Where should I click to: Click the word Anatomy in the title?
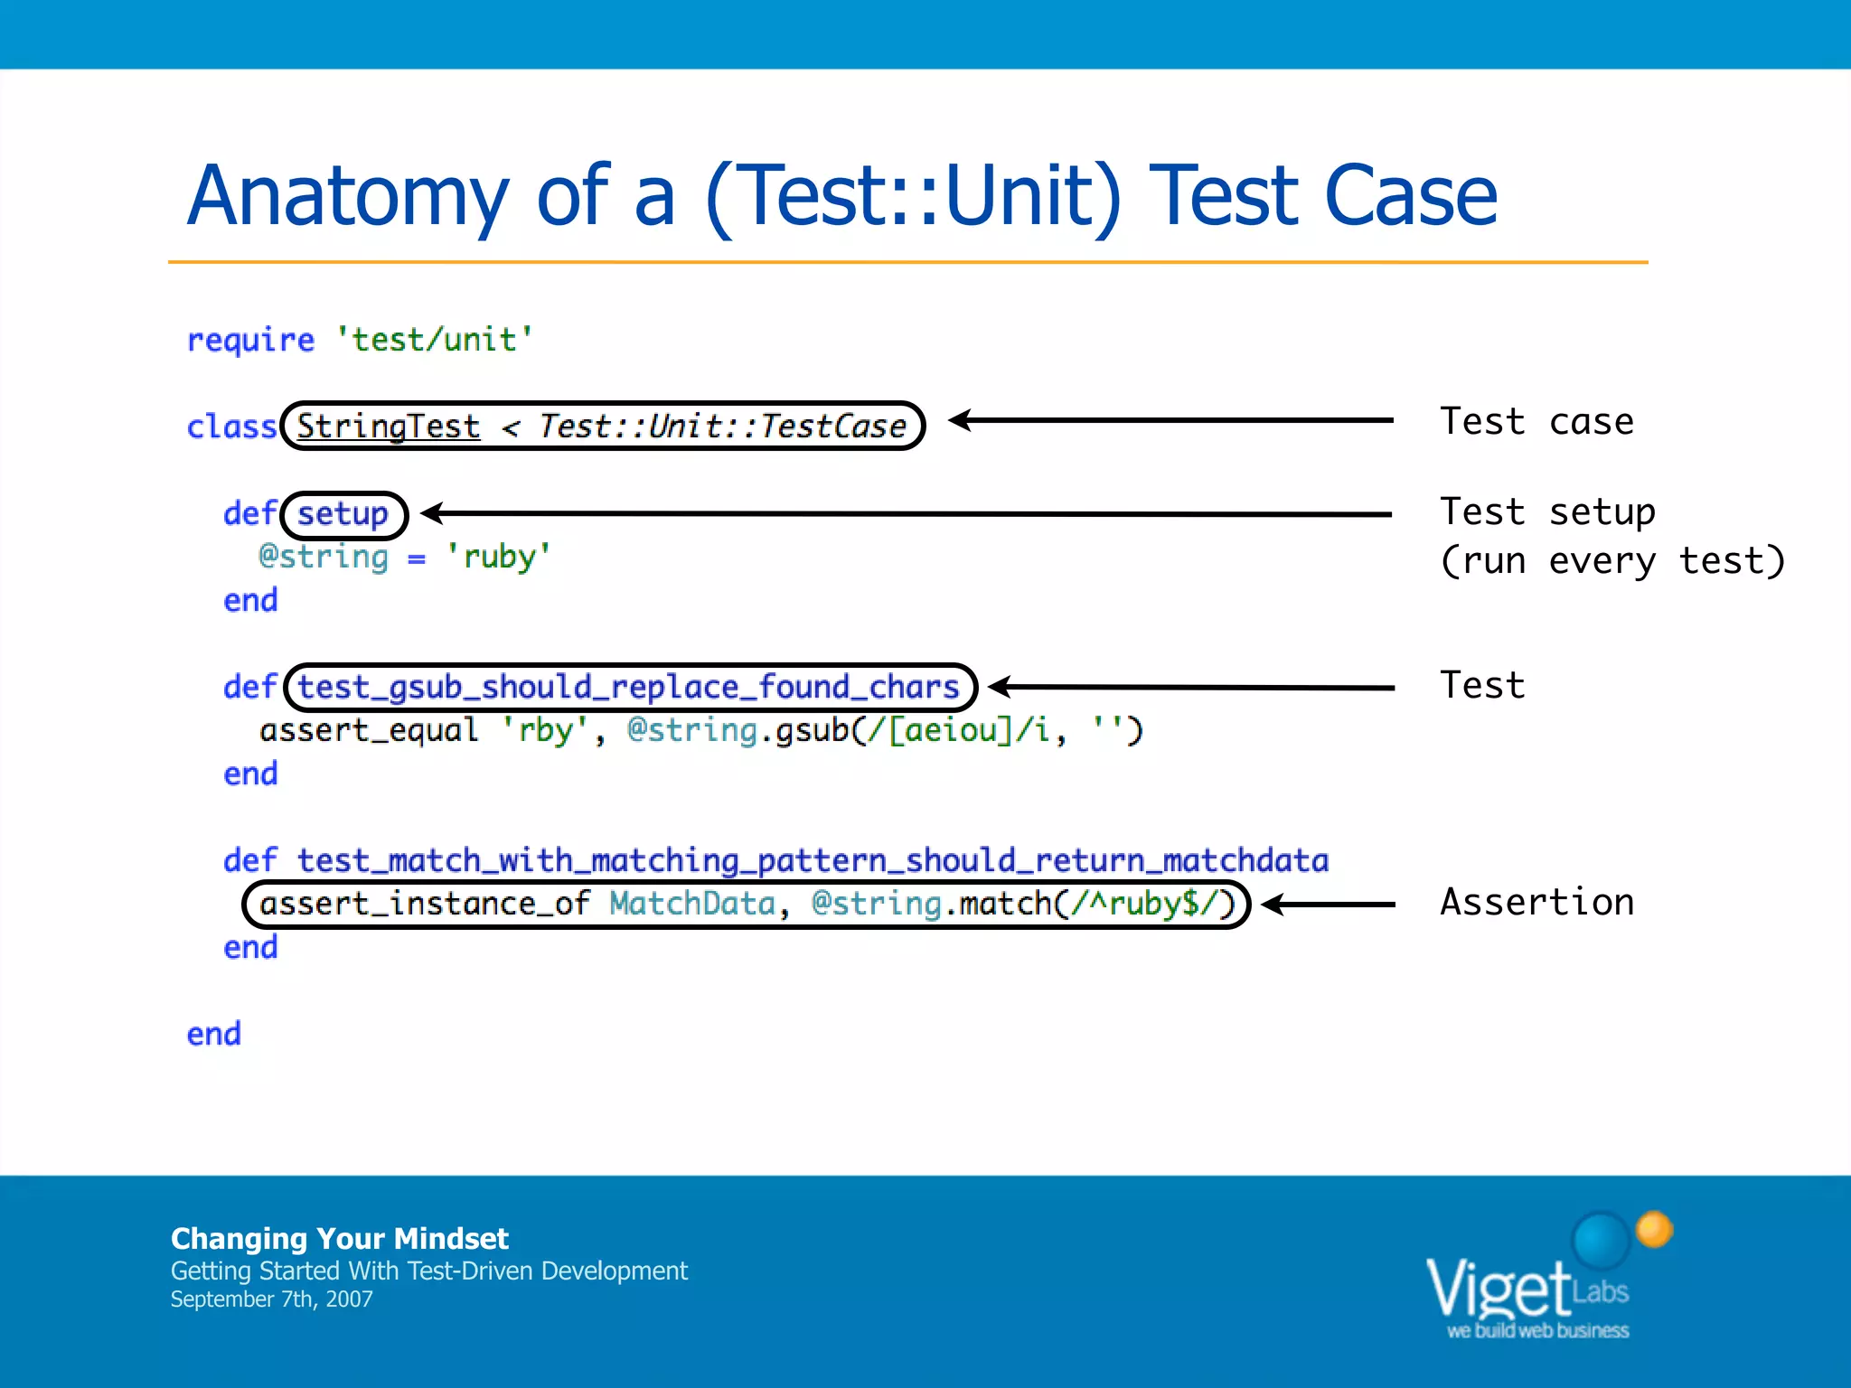tap(348, 196)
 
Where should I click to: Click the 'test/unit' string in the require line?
tap(434, 340)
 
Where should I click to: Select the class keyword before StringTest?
tap(230, 427)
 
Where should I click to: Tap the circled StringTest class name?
tap(388, 427)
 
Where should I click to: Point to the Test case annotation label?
tap(1536, 422)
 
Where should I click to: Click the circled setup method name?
tap(343, 514)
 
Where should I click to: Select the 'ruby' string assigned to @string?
tap(498, 557)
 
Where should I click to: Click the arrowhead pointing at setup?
tap(433, 513)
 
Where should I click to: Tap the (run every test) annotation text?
tap(1611, 561)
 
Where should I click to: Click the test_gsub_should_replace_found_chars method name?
tap(628, 688)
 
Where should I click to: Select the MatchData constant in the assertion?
tap(692, 904)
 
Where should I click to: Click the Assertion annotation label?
tap(1536, 903)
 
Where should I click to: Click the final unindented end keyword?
tap(214, 1034)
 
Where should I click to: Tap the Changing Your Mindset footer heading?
tap(339, 1238)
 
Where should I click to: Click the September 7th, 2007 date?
tap(271, 1299)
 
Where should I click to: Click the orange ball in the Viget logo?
tap(1654, 1229)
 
